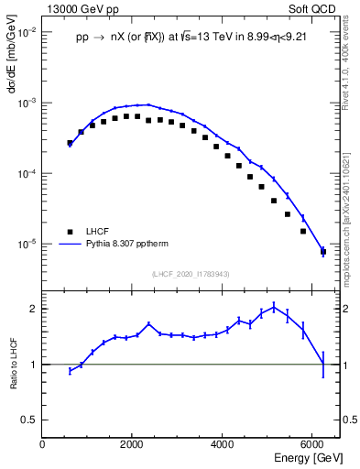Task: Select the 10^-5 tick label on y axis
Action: (27, 245)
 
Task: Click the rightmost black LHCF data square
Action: (322, 251)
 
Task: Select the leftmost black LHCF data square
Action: (70, 143)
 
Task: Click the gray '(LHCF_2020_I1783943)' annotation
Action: (191, 274)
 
